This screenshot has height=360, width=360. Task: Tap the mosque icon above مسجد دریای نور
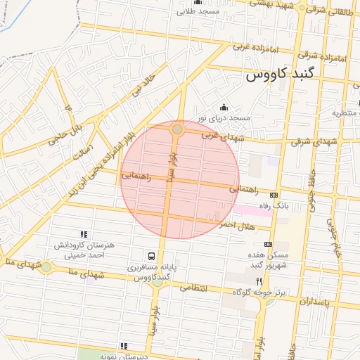pos(224,107)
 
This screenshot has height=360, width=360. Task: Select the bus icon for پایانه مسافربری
pos(152,256)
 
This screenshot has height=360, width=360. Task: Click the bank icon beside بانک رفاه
pos(274,195)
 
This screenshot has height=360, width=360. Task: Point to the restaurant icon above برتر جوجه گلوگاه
pos(259,281)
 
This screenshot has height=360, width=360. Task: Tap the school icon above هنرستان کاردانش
pos(84,234)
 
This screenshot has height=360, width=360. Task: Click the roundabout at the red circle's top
pos(177,129)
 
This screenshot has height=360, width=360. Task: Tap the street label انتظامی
pos(195,288)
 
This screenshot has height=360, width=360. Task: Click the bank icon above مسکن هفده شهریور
pos(268,243)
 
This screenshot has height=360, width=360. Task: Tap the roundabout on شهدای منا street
pos(46,266)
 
